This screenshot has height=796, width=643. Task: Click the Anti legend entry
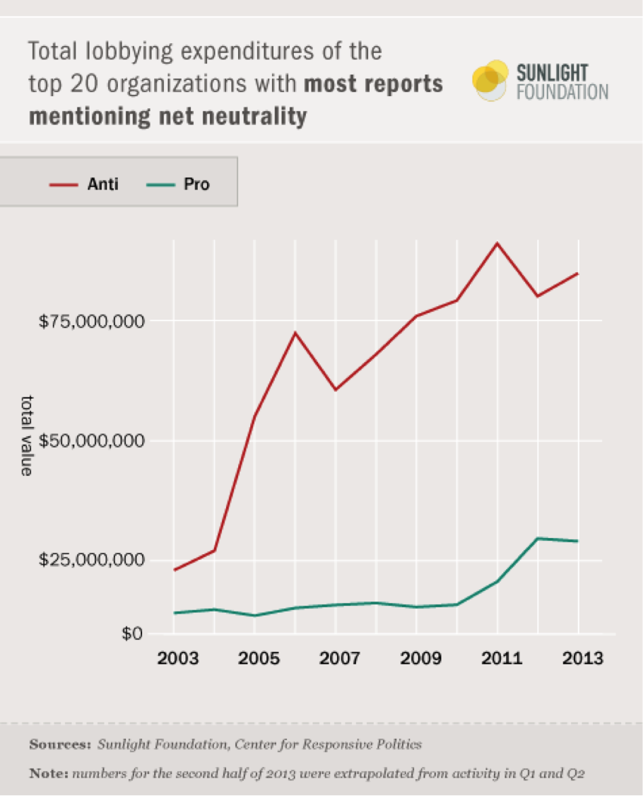(x=85, y=185)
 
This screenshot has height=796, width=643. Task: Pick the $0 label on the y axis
(x=131, y=633)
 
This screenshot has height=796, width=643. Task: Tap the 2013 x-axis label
(x=578, y=658)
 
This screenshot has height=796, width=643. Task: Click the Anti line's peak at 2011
(x=497, y=243)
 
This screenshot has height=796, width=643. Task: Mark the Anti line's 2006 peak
(x=295, y=332)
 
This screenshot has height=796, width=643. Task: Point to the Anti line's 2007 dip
(x=336, y=390)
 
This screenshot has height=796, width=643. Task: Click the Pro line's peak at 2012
(x=538, y=539)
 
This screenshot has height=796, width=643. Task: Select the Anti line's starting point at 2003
(x=175, y=570)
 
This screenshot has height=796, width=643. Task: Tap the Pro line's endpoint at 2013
(x=578, y=542)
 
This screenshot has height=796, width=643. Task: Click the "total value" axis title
(x=27, y=435)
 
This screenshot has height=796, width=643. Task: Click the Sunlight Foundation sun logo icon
(x=490, y=80)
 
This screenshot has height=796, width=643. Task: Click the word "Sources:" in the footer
(x=60, y=744)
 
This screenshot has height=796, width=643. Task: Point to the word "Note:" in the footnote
(x=48, y=773)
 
